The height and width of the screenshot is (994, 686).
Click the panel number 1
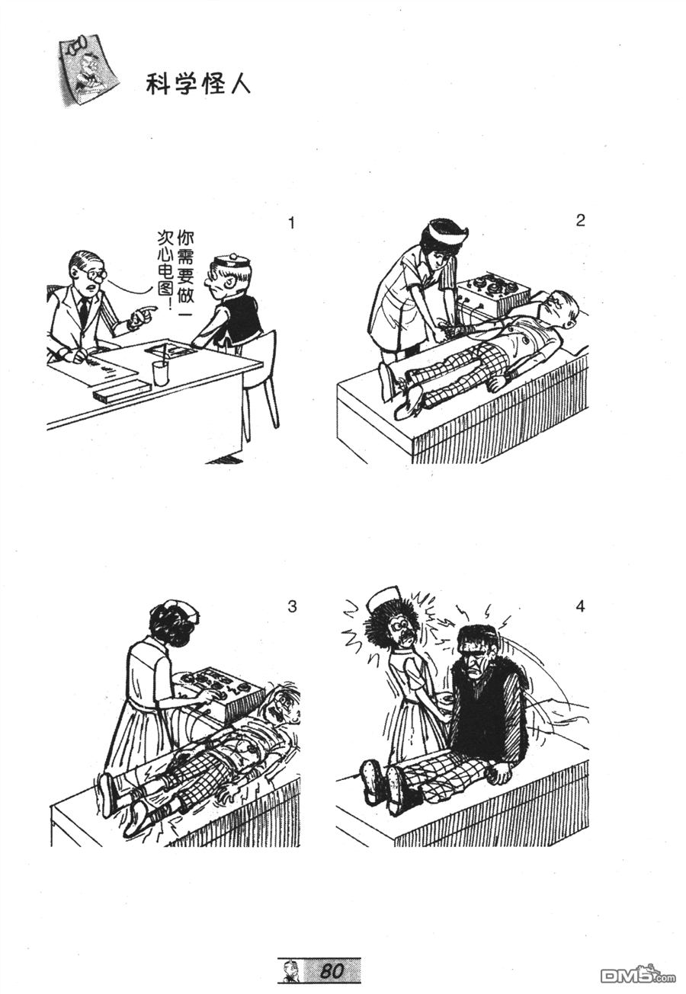tap(291, 222)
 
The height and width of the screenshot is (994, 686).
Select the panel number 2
tap(580, 220)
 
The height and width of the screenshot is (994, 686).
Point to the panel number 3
tap(292, 606)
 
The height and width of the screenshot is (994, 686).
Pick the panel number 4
tap(580, 606)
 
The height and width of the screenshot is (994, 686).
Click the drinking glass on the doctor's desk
tap(159, 373)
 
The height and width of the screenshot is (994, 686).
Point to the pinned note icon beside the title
tap(88, 71)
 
